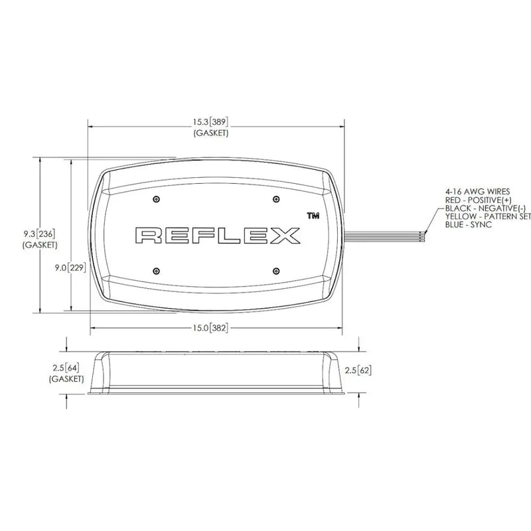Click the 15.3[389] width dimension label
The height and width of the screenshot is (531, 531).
(x=210, y=122)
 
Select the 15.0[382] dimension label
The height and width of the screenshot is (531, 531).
(x=210, y=328)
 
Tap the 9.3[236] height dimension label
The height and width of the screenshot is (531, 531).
(x=39, y=234)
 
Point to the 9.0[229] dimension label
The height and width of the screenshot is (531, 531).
(x=70, y=268)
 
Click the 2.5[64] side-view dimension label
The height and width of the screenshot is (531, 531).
(x=66, y=368)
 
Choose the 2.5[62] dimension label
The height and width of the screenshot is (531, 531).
(x=358, y=370)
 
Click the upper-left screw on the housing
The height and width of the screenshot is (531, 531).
(x=156, y=198)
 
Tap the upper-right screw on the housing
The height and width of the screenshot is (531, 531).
(x=276, y=198)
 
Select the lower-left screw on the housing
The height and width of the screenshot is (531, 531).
(x=156, y=271)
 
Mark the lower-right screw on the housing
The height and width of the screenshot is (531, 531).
(x=276, y=271)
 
